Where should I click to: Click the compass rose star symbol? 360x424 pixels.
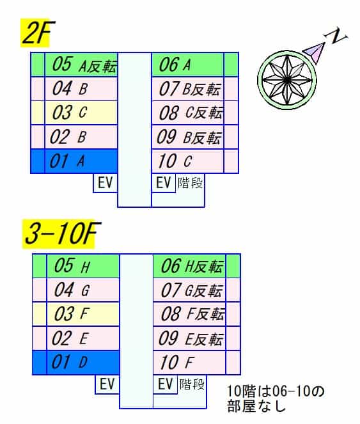click(286, 80)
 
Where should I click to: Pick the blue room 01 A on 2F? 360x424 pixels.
click(81, 161)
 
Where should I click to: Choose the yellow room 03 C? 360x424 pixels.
click(81, 113)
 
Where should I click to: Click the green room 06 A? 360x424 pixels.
click(188, 65)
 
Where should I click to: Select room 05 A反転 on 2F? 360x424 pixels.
click(81, 65)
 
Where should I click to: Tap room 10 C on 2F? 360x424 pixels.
click(188, 161)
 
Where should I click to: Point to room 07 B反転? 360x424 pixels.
click(188, 89)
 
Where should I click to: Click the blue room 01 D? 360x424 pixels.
click(82, 363)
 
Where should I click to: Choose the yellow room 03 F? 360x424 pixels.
click(82, 314)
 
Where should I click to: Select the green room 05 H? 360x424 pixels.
click(82, 266)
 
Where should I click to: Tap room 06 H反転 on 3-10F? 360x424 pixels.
click(189, 266)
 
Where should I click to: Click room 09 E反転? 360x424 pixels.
click(189, 338)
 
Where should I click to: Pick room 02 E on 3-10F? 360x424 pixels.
click(82, 338)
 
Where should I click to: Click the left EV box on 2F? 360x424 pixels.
click(106, 183)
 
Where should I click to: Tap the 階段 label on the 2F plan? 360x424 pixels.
click(190, 183)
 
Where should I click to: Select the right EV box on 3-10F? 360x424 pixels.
click(165, 384)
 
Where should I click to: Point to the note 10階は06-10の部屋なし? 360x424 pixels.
click(276, 398)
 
